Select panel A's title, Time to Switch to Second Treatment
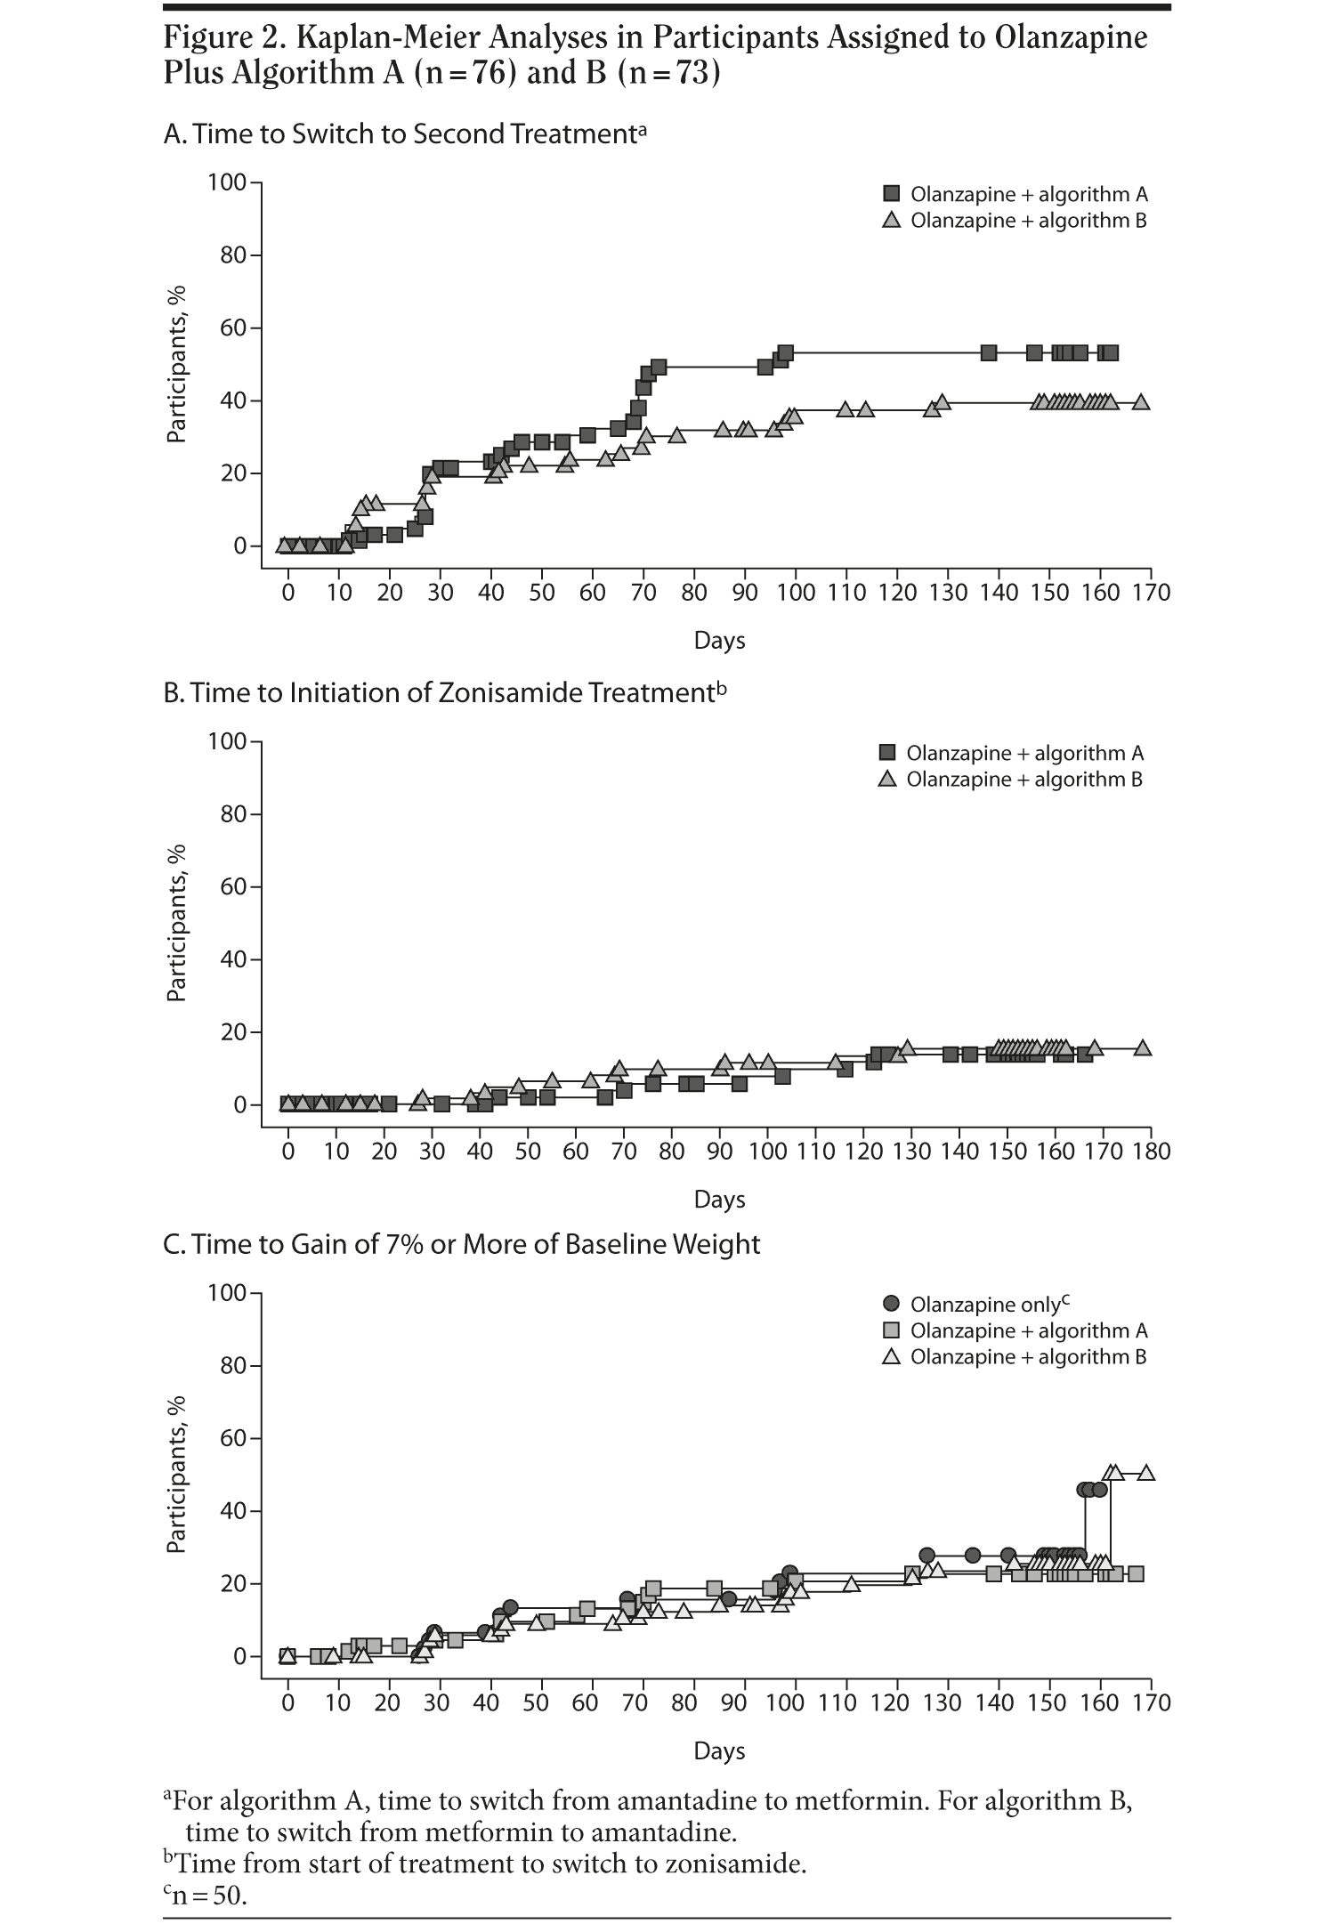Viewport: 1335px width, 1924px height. coord(405,133)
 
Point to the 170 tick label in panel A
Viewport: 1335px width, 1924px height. coord(1152,593)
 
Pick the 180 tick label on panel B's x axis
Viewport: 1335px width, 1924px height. coord(1152,1152)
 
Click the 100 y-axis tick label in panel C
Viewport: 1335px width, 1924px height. coord(226,1292)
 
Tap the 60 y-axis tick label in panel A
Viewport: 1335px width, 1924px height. coord(234,328)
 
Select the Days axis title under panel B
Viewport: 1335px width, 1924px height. coord(719,1200)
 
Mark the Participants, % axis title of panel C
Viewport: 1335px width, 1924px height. coord(176,1475)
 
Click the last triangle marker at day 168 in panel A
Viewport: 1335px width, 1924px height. coord(1141,402)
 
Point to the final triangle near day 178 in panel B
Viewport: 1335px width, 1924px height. coord(1143,1048)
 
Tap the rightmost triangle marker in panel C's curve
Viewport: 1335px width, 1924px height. coord(1146,1473)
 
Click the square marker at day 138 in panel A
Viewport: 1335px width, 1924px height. coord(988,352)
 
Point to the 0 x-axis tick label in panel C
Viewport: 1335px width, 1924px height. coord(287,1703)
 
